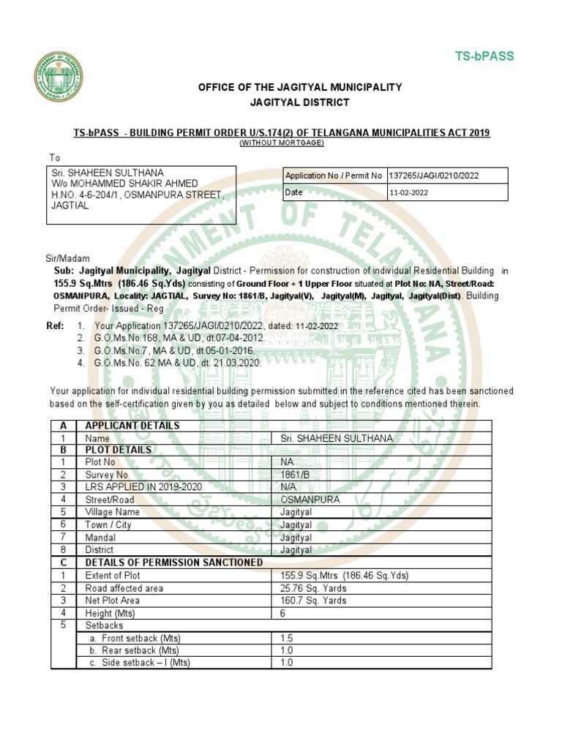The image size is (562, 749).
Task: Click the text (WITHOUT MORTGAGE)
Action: coord(281,143)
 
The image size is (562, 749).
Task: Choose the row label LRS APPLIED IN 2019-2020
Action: coord(143,487)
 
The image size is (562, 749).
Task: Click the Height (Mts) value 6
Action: coord(283,613)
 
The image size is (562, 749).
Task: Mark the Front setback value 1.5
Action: coord(286,639)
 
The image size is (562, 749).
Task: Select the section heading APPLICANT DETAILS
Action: coord(132,426)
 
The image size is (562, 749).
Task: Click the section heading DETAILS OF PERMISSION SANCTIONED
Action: coord(174,562)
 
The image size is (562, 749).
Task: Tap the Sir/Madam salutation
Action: coord(67,259)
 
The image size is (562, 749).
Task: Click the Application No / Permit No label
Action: coord(334,176)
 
